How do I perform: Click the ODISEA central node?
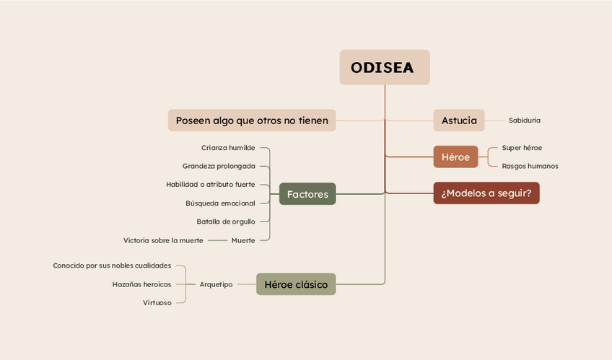pos(384,68)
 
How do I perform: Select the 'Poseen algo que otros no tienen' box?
pos(252,120)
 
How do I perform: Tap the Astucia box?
pos(459,120)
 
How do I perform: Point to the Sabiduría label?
pos(524,120)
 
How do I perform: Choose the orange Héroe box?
pos(455,157)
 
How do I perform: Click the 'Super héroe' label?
pos(522,148)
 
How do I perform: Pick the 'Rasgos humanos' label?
pos(530,166)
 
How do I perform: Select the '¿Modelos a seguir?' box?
pos(486,193)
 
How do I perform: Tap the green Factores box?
pos(307,194)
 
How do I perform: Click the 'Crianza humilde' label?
pos(228,148)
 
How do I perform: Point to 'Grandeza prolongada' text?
pos(219,166)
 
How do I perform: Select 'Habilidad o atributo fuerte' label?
pos(210,185)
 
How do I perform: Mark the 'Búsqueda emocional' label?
pos(220,203)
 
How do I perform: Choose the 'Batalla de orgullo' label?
pos(226,221)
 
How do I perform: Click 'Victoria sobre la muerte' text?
pos(163,240)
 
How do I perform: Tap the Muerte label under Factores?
pos(243,240)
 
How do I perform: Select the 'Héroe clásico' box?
pos(296,285)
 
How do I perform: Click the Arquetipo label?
pos(216,285)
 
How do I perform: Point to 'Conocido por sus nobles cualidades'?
pos(112,265)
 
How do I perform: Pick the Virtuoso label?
pos(157,303)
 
